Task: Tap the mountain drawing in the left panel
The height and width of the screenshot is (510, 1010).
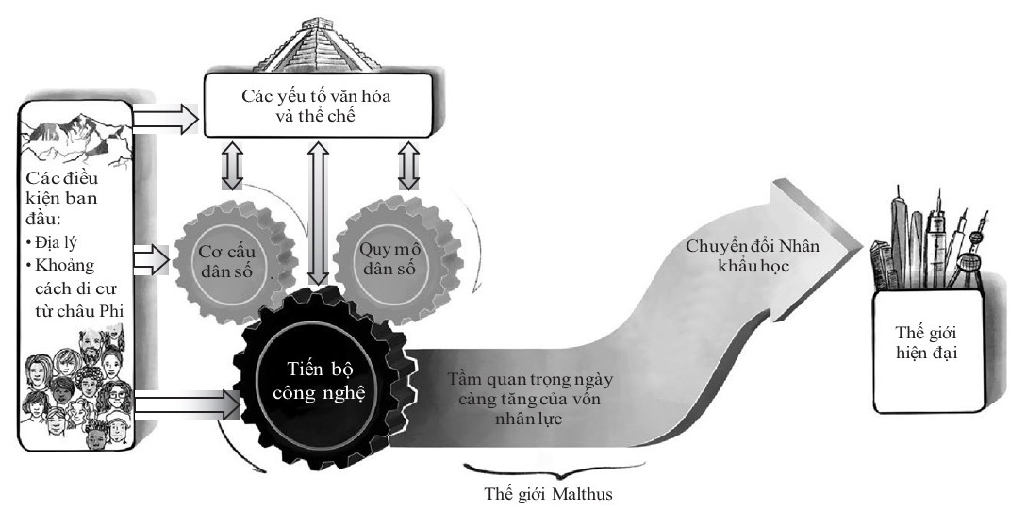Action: pos(76,138)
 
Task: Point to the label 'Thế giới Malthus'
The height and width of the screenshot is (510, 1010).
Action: pos(552,492)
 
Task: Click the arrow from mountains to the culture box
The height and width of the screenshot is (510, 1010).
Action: pos(164,119)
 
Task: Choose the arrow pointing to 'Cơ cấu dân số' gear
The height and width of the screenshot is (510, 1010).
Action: pos(151,255)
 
